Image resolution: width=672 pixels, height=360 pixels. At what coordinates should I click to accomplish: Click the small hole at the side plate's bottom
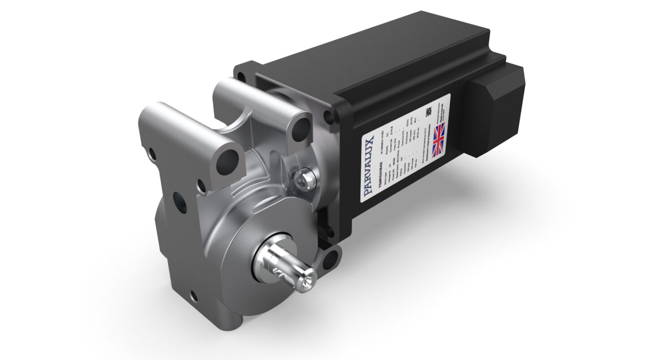(x=193, y=296)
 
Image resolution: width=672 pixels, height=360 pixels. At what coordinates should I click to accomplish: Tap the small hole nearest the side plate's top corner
(x=152, y=154)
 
